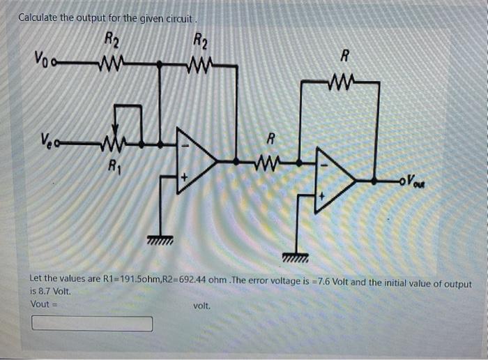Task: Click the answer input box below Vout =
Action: click(92, 324)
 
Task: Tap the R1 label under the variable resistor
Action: click(112, 167)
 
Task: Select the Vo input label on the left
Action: click(40, 58)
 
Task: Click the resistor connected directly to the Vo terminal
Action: click(111, 66)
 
